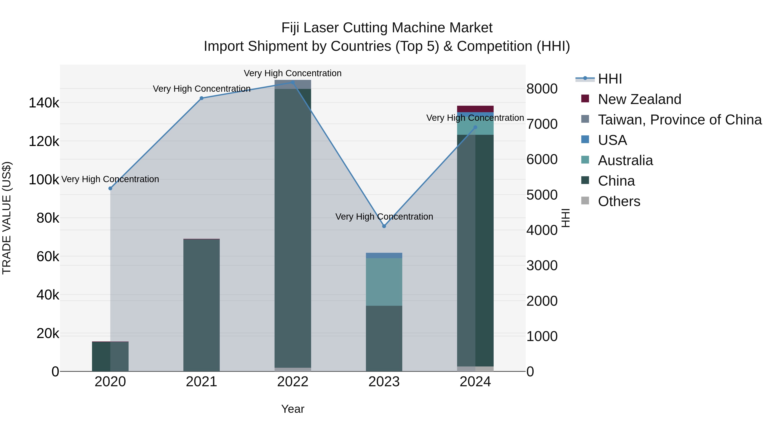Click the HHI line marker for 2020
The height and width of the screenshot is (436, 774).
pyautogui.click(x=110, y=188)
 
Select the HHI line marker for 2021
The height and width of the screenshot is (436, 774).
pyautogui.click(x=202, y=98)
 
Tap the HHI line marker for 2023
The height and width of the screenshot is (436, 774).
pyautogui.click(x=384, y=226)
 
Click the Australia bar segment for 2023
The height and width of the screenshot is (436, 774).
pyautogui.click(x=384, y=282)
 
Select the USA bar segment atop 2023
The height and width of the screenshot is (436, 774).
pyautogui.click(x=384, y=255)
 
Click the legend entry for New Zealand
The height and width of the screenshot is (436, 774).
pyautogui.click(x=639, y=99)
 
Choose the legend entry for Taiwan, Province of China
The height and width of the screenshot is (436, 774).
pyautogui.click(x=680, y=120)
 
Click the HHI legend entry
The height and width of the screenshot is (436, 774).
pyautogui.click(x=610, y=79)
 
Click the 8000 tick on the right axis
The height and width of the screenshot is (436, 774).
pyautogui.click(x=542, y=89)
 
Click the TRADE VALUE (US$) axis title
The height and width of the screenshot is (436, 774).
pyautogui.click(x=7, y=218)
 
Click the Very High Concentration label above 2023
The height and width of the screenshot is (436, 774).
pyautogui.click(x=384, y=217)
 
